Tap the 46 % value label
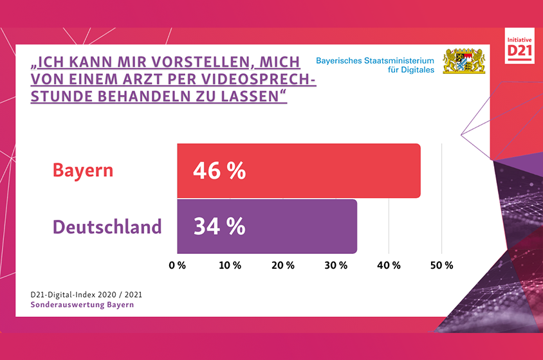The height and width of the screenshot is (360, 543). click(219, 171)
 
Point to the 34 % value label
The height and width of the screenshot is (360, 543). click(219, 227)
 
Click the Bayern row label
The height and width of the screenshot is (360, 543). click(82, 171)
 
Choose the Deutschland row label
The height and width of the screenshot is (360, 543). click(107, 227)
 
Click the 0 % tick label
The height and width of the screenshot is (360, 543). click(177, 265)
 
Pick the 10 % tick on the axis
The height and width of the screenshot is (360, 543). click(230, 265)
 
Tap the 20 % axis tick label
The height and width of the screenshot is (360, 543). click(282, 265)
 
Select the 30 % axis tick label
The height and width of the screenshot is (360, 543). click(335, 265)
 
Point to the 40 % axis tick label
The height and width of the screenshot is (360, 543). click(388, 265)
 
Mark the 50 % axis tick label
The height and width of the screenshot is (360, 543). click(441, 265)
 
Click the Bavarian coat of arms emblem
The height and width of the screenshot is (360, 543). click(463, 61)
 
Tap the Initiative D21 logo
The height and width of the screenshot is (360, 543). click(520, 46)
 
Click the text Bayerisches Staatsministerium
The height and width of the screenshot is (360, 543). click(375, 60)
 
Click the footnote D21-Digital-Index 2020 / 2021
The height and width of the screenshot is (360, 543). click(86, 294)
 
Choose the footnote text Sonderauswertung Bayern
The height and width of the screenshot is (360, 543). click(82, 304)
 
